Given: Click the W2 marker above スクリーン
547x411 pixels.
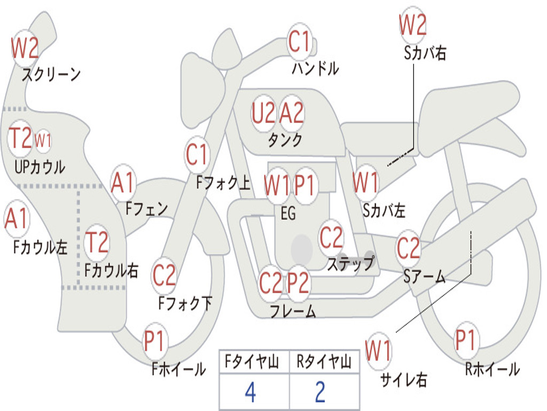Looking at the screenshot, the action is tap(25, 48).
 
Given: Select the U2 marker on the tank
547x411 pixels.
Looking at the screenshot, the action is tap(264, 113).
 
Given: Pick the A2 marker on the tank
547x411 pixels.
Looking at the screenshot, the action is tap(292, 113).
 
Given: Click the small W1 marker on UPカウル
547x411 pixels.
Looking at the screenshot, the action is tap(43, 140).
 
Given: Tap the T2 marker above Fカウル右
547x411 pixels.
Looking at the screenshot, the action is tap(97, 242).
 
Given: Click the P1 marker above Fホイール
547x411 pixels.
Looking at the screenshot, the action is tap(154, 341).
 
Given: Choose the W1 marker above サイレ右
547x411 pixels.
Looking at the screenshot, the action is tap(379, 351).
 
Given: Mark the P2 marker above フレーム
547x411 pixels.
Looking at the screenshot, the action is tap(298, 283).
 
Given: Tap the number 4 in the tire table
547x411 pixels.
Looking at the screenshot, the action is tap(251, 392).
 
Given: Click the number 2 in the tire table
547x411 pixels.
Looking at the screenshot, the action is tap(321, 392).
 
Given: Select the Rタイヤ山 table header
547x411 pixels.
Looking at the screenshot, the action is tap(324, 361).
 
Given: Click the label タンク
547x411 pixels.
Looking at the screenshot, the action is tap(285, 140).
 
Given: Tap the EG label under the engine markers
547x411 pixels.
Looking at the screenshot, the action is tap(288, 213).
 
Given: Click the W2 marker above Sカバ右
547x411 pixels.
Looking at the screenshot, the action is tap(413, 25).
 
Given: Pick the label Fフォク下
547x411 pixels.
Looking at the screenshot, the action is tap(185, 303).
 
